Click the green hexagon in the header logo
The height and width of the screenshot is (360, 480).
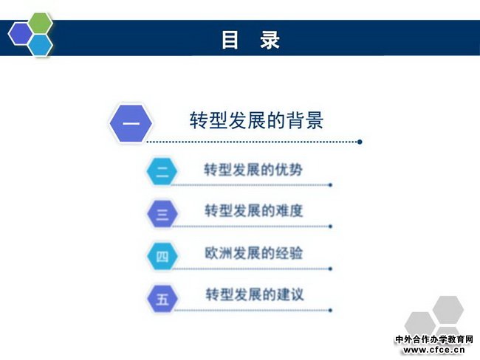click(41, 24)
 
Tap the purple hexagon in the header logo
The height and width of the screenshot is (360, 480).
click(20, 34)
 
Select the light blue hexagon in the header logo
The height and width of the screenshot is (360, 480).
click(41, 45)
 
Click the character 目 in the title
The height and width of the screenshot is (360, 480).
click(230, 40)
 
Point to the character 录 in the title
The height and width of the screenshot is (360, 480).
click(270, 40)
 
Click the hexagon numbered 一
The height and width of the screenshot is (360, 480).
click(131, 123)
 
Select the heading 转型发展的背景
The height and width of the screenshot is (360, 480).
click(256, 120)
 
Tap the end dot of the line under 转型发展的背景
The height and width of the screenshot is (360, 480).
click(360, 142)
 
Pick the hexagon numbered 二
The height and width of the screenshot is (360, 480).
click(162, 171)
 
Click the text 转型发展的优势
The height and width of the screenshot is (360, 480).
click(253, 170)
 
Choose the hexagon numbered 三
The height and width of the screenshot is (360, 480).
click(162, 213)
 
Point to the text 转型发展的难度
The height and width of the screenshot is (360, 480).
click(254, 211)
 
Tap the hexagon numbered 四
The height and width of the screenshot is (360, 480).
click(162, 256)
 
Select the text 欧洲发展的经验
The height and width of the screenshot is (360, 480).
click(254, 253)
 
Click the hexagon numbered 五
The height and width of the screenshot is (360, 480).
click(162, 299)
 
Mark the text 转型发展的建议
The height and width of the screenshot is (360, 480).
click(255, 294)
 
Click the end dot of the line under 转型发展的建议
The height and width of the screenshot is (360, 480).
click(330, 310)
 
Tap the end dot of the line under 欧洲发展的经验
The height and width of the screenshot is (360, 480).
click(330, 269)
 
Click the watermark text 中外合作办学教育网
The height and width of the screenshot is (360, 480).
click(434, 339)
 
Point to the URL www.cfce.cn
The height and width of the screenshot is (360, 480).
click(434, 350)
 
